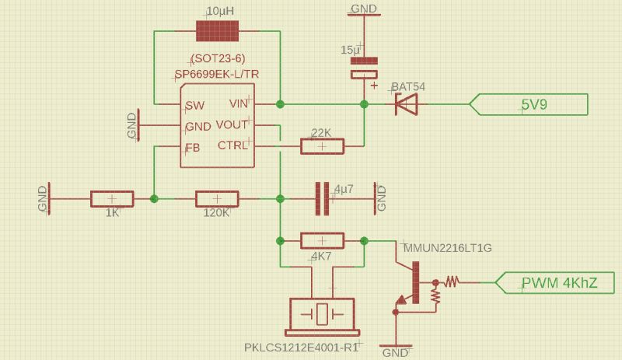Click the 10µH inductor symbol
218,31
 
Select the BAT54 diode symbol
405,103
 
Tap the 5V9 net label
533,104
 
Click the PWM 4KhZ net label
558,283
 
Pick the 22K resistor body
322,145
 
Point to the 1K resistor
112,199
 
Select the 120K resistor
217,199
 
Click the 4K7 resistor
322,241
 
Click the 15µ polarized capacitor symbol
363,68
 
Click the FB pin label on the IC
192,147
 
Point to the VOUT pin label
232,125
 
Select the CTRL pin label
232,145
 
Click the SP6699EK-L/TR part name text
217,74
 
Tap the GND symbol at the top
363,10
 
